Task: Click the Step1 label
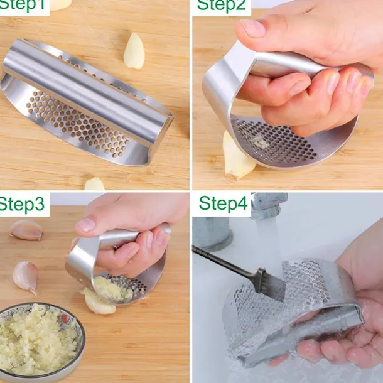[23, 5]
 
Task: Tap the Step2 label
[221, 5]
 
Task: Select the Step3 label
[22, 205]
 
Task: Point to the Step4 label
[224, 203]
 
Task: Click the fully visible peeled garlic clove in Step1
[134, 51]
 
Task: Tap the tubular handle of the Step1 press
[83, 93]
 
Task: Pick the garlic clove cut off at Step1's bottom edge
[94, 184]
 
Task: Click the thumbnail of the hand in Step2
[252, 28]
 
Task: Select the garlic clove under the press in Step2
[237, 159]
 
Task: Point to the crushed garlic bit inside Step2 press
[259, 142]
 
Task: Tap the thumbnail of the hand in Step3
[85, 225]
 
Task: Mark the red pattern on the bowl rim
[65, 319]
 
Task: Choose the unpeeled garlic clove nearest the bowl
[26, 278]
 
